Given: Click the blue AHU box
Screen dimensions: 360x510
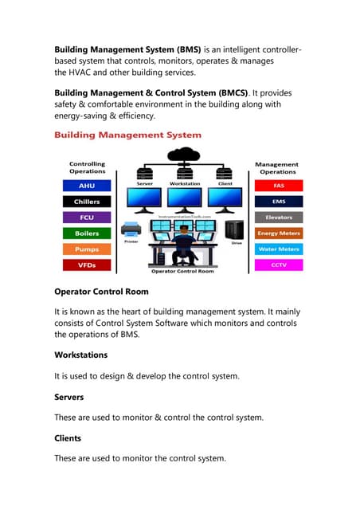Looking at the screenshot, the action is [87, 186].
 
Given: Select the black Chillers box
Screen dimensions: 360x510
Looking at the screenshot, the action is [87, 202].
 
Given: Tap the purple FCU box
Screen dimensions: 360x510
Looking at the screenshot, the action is [87, 218].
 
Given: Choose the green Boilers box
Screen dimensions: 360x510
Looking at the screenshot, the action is [87, 233].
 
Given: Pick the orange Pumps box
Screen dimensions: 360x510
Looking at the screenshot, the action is [87, 249].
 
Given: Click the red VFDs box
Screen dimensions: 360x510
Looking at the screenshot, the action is [87, 265].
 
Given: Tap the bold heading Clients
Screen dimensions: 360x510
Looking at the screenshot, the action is [72, 438].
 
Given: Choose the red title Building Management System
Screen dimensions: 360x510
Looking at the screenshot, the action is [127, 135].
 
